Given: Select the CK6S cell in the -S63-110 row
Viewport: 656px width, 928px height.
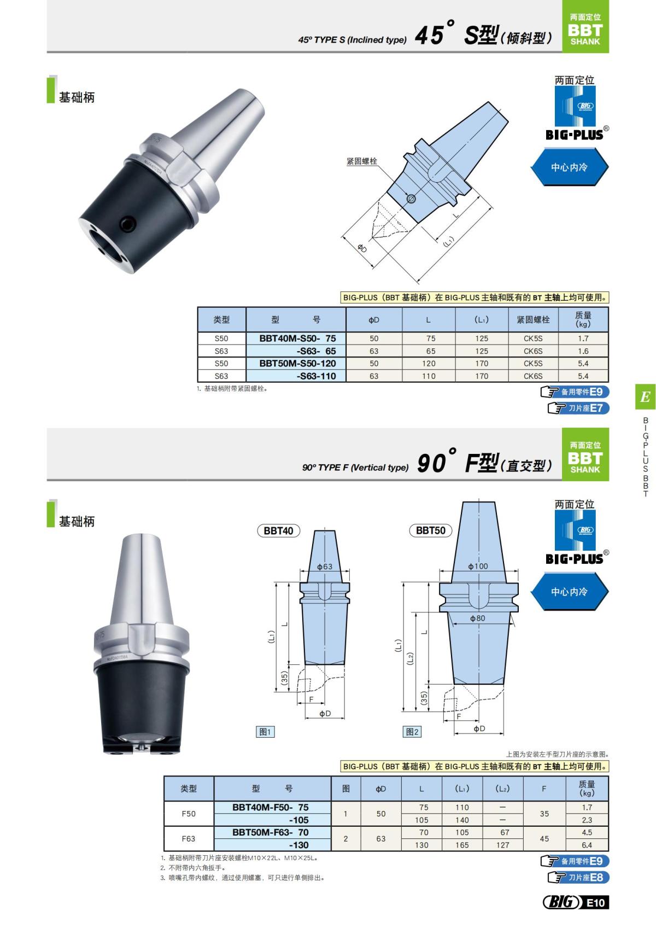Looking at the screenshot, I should [533, 376].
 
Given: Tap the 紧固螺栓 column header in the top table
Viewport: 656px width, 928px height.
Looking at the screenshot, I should [533, 320].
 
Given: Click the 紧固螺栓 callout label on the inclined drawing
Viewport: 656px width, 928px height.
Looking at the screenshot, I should [362, 161].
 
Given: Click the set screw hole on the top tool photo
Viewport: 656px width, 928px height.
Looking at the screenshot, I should [127, 223].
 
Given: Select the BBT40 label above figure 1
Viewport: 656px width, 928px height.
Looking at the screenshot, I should [278, 530].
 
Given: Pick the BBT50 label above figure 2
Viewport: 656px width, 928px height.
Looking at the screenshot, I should [430, 530].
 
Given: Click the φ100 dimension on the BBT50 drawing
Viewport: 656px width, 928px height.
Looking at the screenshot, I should [478, 566].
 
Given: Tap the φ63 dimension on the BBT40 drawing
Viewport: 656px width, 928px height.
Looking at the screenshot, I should [325, 567].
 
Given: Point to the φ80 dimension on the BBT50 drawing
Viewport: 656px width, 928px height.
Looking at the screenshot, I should [477, 618].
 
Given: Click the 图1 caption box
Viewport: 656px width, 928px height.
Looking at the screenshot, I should [265, 732].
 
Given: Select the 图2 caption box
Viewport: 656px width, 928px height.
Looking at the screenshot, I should [412, 732].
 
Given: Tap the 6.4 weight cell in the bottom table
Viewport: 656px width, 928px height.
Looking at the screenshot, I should [587, 845].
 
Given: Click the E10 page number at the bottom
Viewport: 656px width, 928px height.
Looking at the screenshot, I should [596, 902].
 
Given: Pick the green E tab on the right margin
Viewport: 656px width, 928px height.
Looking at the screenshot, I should [645, 396].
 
